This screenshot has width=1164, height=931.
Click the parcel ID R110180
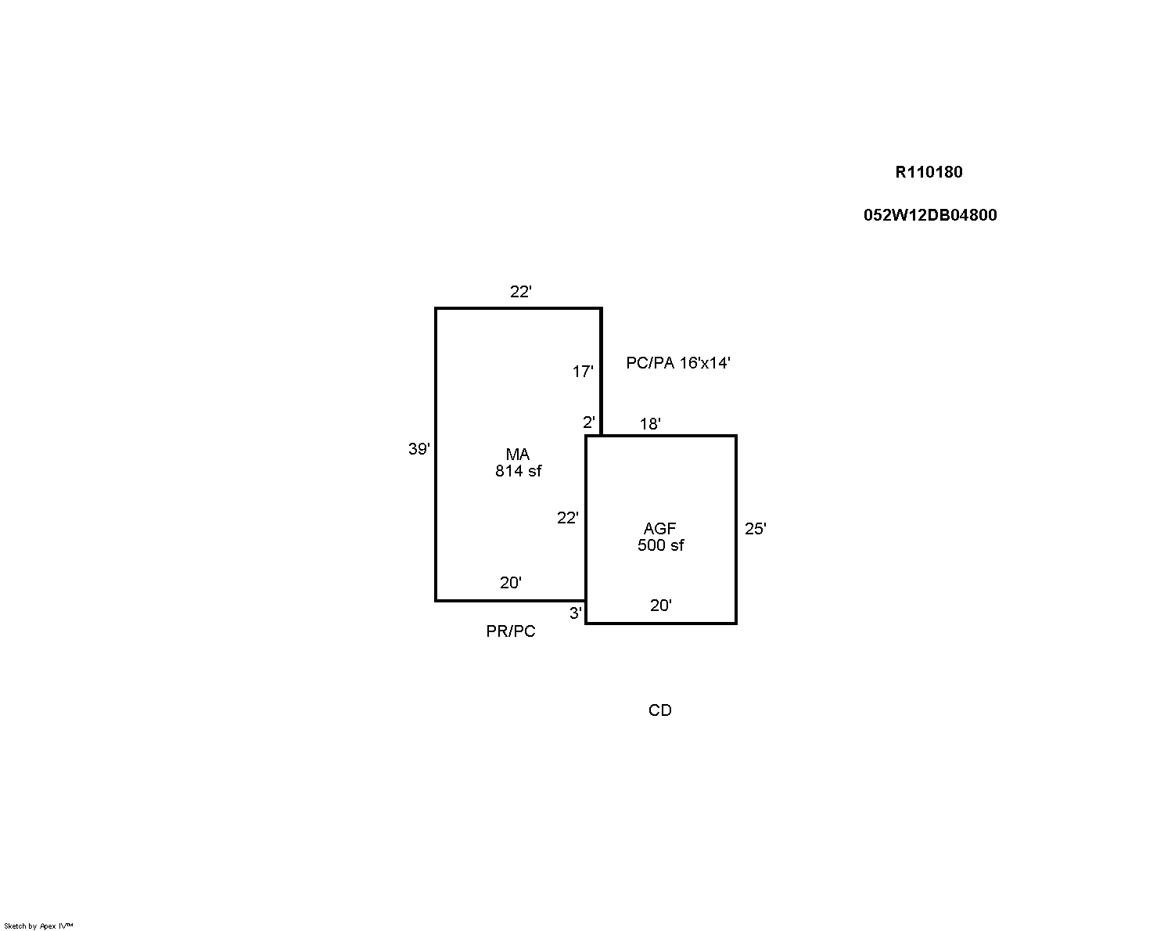click(929, 172)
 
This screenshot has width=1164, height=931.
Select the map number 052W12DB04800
click(930, 215)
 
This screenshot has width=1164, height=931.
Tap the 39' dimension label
click(419, 448)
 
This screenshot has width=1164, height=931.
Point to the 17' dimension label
click(583, 372)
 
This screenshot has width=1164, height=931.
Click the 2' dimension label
click(589, 422)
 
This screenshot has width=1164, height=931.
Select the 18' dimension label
click(650, 423)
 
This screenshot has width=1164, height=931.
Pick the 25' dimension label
click(756, 529)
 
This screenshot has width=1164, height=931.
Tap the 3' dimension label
click(576, 613)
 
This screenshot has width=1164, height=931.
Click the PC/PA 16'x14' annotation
click(678, 363)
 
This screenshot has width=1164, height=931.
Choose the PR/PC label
click(511, 631)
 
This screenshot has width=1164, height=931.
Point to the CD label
click(660, 710)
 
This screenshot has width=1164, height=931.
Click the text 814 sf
click(518, 471)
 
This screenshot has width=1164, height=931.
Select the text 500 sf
click(660, 545)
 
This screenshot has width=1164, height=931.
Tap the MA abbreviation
click(518, 455)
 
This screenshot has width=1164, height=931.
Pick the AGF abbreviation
click(660, 529)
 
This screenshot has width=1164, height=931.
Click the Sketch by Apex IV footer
click(38, 926)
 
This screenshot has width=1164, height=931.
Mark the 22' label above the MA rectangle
click(521, 292)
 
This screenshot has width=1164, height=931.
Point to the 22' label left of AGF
click(568, 518)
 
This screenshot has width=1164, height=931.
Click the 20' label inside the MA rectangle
click(511, 583)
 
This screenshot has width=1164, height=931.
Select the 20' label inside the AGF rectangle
click(661, 606)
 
